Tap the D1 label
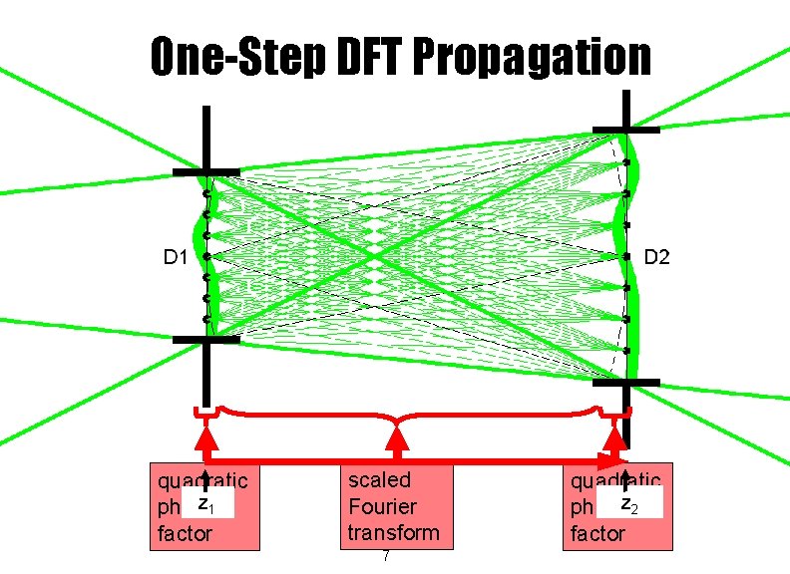(177, 257)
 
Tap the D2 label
(656, 258)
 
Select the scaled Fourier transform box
(394, 505)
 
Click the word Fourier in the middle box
(382, 506)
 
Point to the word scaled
(379, 480)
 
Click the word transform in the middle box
(393, 532)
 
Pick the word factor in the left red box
(186, 534)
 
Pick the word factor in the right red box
(596, 534)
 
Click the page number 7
(386, 556)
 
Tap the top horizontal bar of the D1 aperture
(205, 172)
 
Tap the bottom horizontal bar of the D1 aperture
(205, 340)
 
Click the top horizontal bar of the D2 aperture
(625, 130)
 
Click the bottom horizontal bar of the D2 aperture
(625, 382)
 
